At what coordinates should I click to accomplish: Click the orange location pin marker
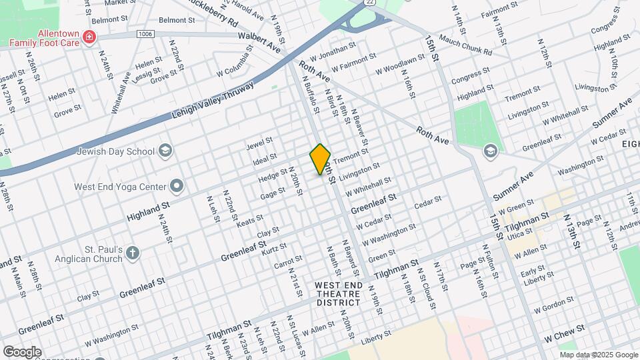coord(321,159)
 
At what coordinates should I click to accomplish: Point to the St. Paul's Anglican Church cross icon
coord(133,252)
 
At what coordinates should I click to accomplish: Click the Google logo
coord(22,352)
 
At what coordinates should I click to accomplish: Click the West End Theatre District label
coord(339,294)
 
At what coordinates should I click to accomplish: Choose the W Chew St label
coord(565,329)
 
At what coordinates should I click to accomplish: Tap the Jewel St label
coord(260,143)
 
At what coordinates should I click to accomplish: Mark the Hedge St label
coord(273,176)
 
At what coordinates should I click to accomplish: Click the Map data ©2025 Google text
coord(599,355)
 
